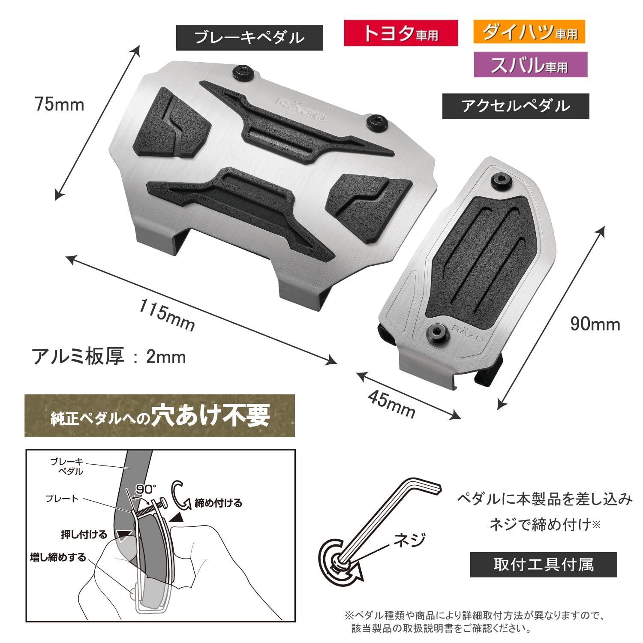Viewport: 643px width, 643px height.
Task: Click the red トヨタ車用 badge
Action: click(x=401, y=33)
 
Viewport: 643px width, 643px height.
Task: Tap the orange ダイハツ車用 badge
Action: click(x=529, y=31)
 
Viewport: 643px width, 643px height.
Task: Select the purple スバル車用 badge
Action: click(x=530, y=64)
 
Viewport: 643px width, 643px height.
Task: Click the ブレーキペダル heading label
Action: click(x=249, y=38)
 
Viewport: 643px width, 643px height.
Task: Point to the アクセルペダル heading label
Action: click(x=516, y=106)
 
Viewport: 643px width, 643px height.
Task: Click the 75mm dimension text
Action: click(x=60, y=104)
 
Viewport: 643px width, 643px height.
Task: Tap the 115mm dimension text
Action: click(x=167, y=315)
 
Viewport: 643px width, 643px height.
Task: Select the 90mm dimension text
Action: click(x=595, y=324)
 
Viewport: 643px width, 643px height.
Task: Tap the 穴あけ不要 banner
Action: click(x=159, y=416)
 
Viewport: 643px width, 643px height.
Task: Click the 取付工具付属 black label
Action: click(x=544, y=565)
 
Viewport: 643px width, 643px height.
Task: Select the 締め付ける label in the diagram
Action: click(x=218, y=503)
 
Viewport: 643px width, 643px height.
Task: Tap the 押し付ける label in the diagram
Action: click(x=84, y=534)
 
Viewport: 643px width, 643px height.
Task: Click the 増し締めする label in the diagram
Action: click(x=58, y=558)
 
